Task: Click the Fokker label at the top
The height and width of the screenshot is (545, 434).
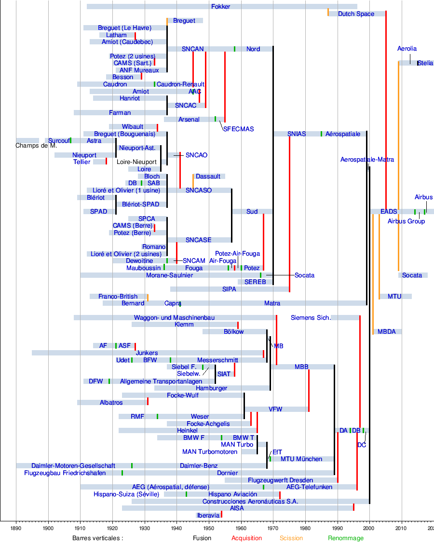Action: [x=220, y=7]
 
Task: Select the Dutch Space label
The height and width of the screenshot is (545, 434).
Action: [x=356, y=14]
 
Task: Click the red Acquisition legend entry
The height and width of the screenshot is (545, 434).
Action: [x=246, y=538]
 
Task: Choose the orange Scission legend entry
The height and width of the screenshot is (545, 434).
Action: [x=291, y=538]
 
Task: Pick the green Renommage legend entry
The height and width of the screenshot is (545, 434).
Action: [x=346, y=538]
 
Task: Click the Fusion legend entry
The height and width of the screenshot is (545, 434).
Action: [x=202, y=538]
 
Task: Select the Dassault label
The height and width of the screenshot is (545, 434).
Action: [x=208, y=177]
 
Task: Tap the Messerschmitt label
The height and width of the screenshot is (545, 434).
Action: [x=217, y=360]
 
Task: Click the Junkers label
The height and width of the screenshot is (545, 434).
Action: [x=147, y=353]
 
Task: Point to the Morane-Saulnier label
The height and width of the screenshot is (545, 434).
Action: [x=169, y=275]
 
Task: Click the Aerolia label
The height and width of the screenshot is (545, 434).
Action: [x=407, y=49]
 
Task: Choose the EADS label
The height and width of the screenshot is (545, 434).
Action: [x=389, y=212]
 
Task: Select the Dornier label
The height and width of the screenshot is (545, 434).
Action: [x=227, y=473]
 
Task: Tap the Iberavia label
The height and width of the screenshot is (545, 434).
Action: [x=208, y=516]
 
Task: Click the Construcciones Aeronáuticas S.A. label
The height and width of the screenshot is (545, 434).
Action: [x=244, y=502]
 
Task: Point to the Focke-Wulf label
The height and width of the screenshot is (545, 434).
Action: [x=182, y=395]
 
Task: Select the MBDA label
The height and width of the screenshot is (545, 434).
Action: [x=386, y=332]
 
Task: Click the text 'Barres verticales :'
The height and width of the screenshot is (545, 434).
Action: [x=98, y=538]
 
